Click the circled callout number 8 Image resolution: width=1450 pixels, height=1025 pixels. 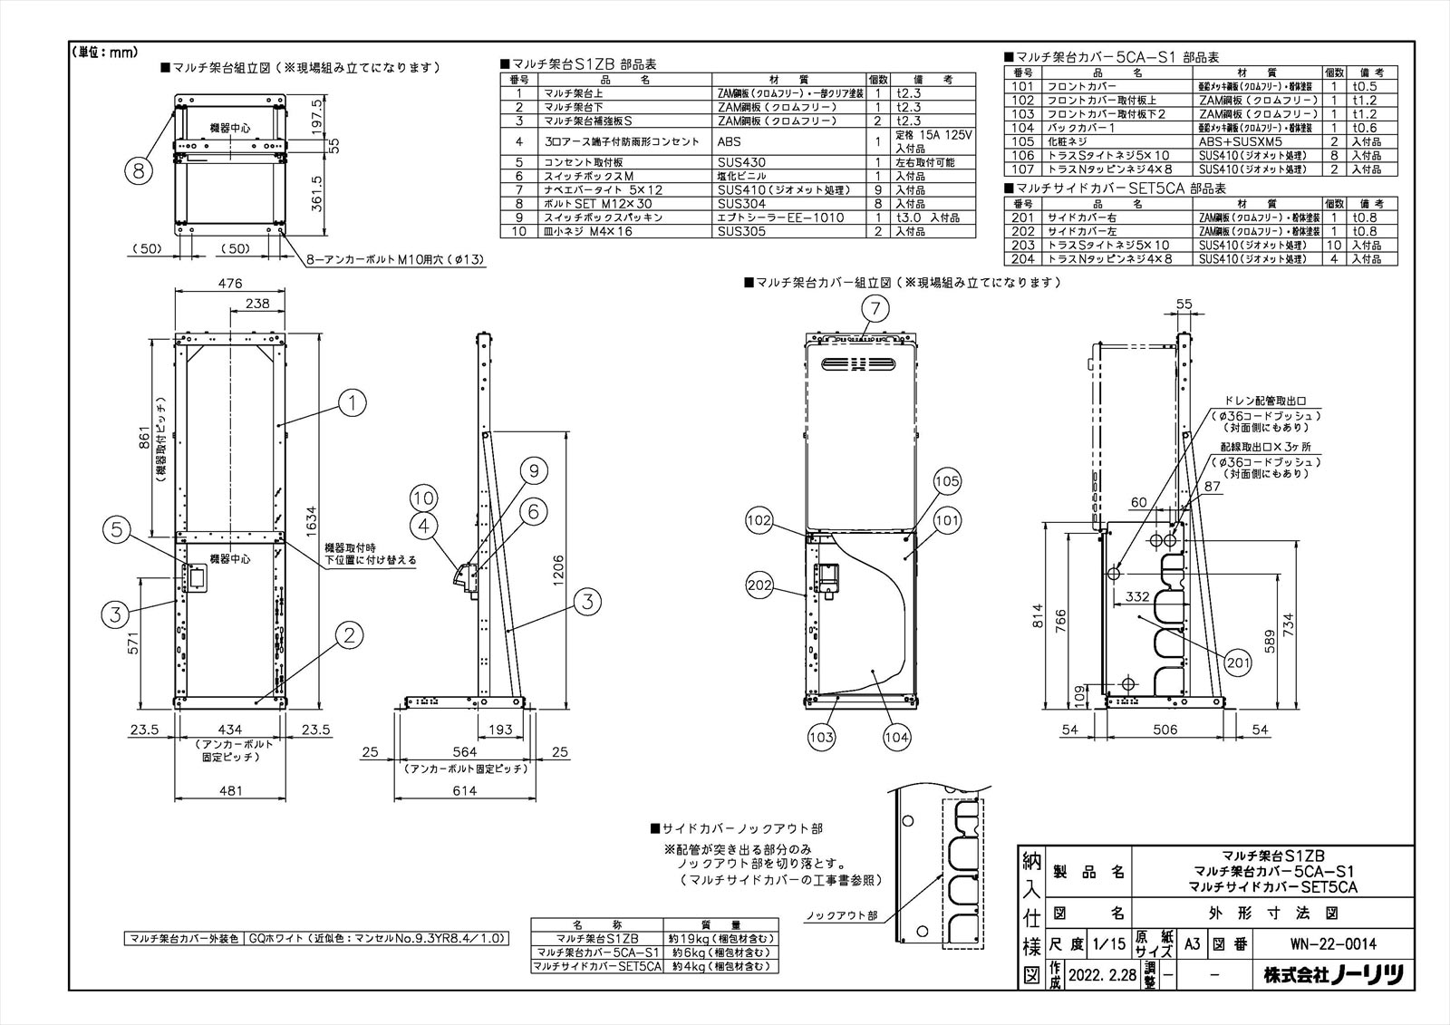point(138,169)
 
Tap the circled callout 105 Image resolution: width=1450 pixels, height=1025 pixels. point(946,480)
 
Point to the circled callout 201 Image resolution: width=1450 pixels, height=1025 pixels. point(1237,663)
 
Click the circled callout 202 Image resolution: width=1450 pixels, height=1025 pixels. point(759,585)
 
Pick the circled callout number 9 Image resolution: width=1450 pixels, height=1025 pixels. point(534,470)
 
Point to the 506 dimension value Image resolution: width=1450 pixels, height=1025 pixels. point(1165,730)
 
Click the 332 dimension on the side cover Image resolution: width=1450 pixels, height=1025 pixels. point(1137,595)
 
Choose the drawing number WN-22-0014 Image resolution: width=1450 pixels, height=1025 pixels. point(1333,944)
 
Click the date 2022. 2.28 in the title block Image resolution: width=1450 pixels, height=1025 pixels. point(1100,975)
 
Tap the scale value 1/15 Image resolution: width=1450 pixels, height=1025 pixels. point(1108,944)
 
